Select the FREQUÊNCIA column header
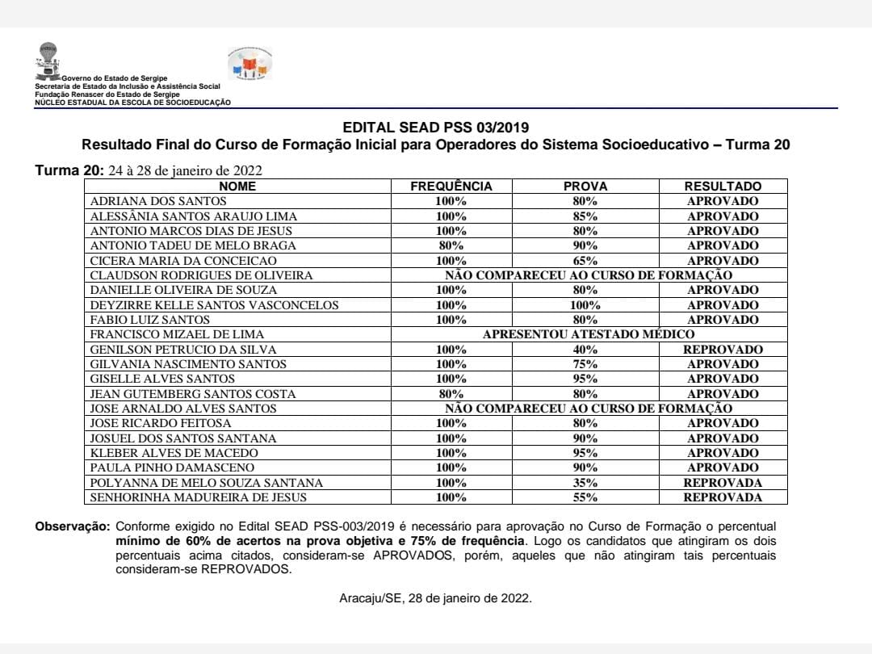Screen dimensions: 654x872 (451, 187)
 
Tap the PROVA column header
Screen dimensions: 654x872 (585, 187)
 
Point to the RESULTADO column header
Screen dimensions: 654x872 (723, 187)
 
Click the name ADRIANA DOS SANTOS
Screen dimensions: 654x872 (158, 201)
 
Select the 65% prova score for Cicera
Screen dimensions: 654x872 (585, 261)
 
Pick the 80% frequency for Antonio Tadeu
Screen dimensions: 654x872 (451, 245)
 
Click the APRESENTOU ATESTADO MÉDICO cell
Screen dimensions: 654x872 (588, 334)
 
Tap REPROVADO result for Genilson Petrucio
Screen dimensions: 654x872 (723, 350)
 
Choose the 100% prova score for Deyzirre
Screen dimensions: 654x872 (585, 305)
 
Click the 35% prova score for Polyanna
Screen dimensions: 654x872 (585, 483)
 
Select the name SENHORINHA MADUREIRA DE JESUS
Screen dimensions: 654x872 (199, 497)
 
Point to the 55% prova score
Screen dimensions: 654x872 (585, 497)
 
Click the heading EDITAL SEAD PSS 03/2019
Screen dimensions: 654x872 (436, 128)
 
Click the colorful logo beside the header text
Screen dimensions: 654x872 (251, 64)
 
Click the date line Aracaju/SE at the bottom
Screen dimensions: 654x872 (436, 598)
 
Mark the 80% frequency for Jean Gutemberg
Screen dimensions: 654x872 (451, 394)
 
